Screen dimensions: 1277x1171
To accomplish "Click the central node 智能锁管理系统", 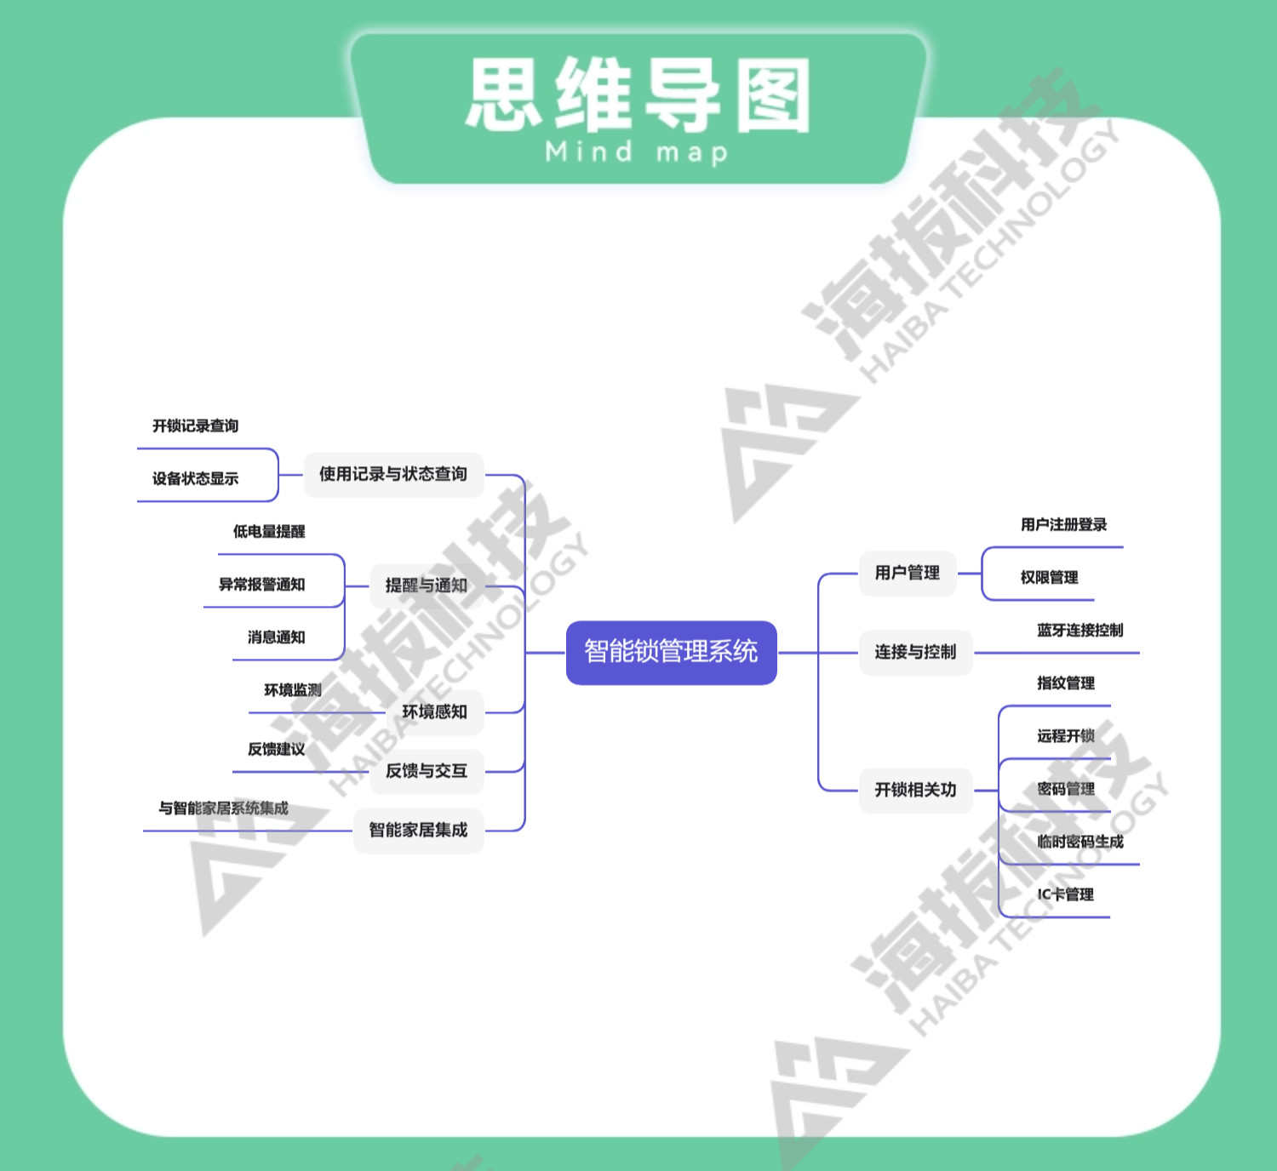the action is [671, 652].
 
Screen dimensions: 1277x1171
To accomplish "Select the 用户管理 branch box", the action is [907, 573].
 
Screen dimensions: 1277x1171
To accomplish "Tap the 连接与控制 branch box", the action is [915, 652].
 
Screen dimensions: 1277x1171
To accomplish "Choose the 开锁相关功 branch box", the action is [915, 790].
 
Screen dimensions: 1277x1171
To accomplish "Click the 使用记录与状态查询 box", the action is [393, 474].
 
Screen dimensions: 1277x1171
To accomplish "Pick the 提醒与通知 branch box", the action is [427, 585].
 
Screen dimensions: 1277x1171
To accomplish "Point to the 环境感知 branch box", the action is [434, 711].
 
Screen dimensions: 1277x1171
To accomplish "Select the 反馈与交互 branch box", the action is [427, 771].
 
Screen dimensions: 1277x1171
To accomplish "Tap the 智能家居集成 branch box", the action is [418, 830].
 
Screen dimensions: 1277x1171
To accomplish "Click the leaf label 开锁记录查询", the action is [195, 426].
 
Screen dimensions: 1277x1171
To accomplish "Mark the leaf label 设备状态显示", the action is [195, 478].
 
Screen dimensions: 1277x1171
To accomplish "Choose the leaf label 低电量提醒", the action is [269, 531].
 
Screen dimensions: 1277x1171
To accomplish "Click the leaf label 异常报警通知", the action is [261, 584].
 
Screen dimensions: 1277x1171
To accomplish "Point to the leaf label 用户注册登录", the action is [1063, 524].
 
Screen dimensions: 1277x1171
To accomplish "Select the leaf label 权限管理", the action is [1049, 577].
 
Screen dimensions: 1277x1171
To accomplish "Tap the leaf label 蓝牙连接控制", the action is [1079, 630].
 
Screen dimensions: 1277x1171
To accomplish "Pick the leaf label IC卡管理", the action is [1065, 894].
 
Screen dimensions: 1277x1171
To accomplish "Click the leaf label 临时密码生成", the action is [1079, 842].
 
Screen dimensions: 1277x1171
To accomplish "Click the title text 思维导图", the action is [638, 95].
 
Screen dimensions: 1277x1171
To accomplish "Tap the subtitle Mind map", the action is [637, 152].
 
